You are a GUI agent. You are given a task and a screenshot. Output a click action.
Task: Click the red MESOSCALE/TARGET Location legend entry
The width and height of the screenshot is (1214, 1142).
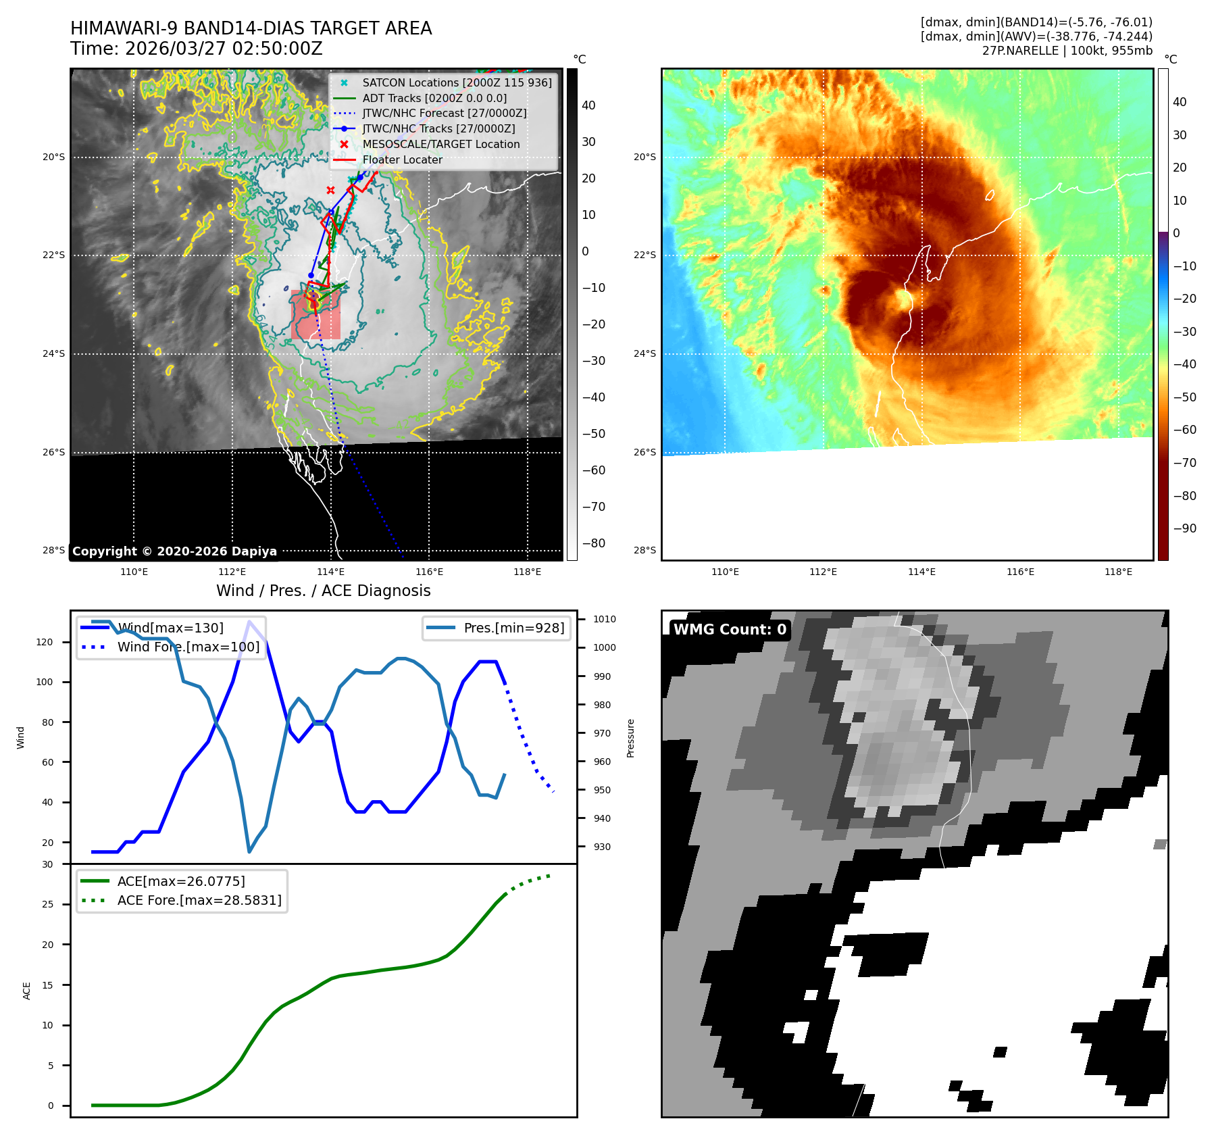pos(440,144)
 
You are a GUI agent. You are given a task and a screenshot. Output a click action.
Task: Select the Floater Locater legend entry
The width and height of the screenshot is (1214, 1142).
pos(402,159)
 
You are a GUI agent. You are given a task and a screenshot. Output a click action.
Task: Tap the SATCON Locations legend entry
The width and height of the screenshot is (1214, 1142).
pos(457,82)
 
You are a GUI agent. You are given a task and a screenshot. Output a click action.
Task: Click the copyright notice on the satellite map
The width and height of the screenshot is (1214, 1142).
pos(174,551)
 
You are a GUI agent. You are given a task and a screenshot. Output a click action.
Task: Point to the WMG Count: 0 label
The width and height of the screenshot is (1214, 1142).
pos(730,630)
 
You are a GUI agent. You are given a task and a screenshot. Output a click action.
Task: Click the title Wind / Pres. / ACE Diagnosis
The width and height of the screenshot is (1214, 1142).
pos(323,591)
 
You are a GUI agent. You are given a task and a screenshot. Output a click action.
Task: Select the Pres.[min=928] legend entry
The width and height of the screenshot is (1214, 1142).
pos(513,628)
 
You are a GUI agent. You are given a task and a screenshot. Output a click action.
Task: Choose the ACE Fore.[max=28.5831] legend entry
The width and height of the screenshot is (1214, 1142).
pos(199,900)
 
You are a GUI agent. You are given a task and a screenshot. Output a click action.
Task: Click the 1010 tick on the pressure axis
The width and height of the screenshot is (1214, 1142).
pos(605,619)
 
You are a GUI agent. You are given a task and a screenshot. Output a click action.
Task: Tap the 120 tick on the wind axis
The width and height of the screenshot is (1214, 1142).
pos(45,642)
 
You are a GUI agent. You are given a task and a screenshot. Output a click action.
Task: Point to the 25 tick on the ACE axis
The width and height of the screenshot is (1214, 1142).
pos(47,904)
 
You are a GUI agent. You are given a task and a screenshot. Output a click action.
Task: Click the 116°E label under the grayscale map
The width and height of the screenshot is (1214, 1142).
pos(429,572)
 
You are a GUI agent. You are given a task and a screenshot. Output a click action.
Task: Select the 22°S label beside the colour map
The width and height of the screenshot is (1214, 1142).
pos(644,255)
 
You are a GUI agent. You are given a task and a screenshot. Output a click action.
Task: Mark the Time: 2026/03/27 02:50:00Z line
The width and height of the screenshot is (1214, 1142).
pos(197,49)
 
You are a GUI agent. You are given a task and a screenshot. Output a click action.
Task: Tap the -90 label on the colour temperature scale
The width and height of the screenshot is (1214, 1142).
pos(1184,528)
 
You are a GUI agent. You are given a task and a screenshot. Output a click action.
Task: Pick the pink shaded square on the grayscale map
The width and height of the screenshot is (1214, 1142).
pos(315,315)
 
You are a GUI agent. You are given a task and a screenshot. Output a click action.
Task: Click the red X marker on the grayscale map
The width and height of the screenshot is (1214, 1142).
pos(330,191)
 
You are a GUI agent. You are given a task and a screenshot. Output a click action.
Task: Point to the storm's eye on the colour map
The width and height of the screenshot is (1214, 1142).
pos(903,299)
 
